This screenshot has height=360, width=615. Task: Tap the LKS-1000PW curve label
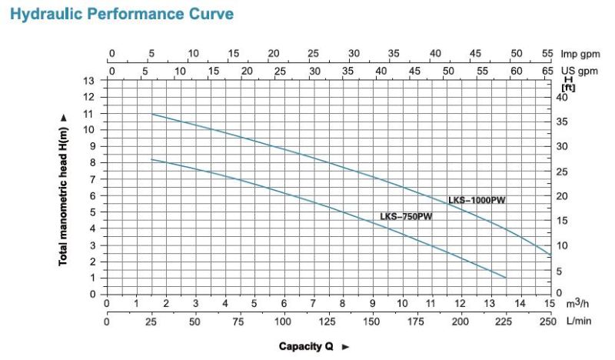pyautogui.click(x=477, y=200)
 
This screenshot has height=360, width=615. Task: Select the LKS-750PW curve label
pyautogui.click(x=406, y=216)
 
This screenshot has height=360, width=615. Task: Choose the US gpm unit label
pyautogui.click(x=579, y=70)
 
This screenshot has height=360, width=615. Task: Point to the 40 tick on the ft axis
pyautogui.click(x=560, y=97)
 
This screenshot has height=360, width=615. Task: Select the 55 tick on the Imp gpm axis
pyautogui.click(x=547, y=54)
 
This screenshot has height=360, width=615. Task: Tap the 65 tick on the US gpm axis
pyautogui.click(x=547, y=70)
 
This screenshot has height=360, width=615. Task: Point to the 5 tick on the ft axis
pyautogui.click(x=560, y=270)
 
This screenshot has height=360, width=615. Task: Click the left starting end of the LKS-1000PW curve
pyautogui.click(x=151, y=114)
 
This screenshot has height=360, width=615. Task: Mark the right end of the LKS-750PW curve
pyautogui.click(x=506, y=277)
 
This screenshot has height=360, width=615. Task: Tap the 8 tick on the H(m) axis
pyautogui.click(x=91, y=163)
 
